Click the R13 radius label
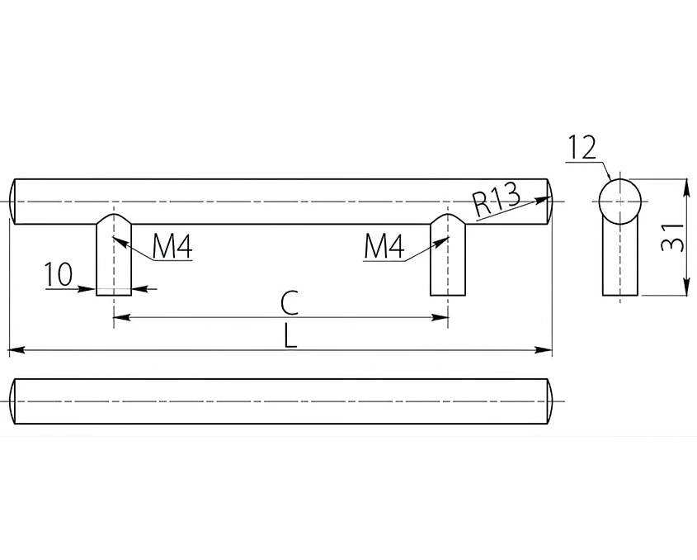pos(496,200)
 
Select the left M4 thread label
pos(172,246)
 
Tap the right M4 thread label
pos(384,246)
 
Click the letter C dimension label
pos(290,303)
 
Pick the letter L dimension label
pos(290,336)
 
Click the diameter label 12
pos(582,148)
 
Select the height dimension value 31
pos(672,237)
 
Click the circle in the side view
pos(620,202)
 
